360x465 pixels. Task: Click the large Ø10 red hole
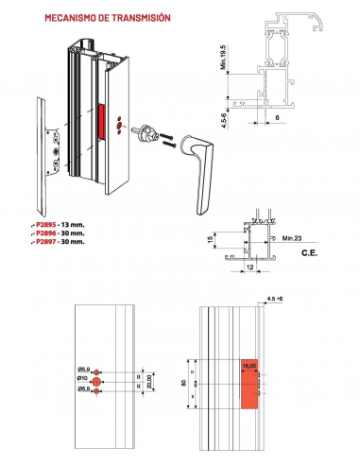(102, 378)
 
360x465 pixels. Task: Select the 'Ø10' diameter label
(84, 378)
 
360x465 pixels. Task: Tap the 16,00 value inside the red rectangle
(249, 364)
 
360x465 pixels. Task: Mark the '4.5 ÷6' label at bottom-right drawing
(276, 299)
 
